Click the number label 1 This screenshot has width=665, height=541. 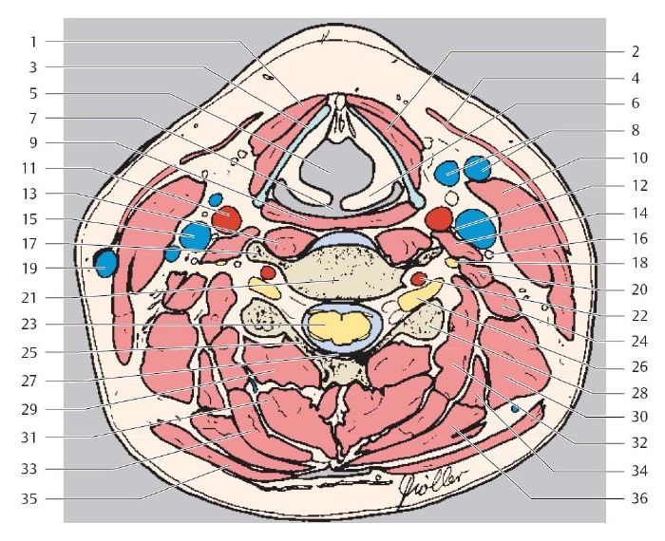click(32, 42)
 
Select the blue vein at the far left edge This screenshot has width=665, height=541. click(104, 262)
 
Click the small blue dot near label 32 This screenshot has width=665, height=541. click(515, 407)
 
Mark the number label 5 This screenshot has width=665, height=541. click(32, 93)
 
